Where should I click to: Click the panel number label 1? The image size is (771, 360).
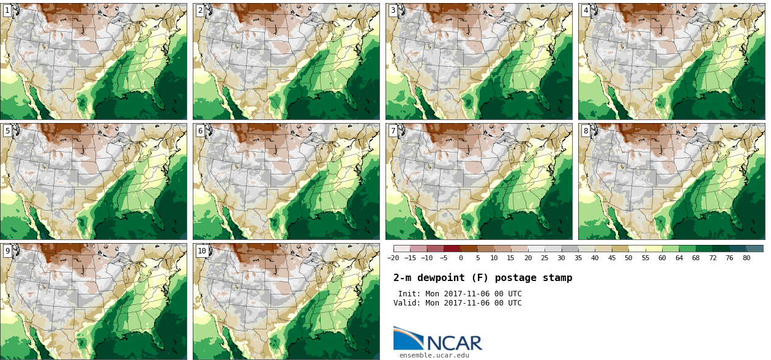(x=7, y=10)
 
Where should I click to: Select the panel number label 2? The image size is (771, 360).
(x=200, y=10)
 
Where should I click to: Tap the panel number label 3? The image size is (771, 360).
(x=393, y=10)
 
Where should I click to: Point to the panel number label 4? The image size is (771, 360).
(x=586, y=10)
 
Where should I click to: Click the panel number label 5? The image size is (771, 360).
(x=7, y=130)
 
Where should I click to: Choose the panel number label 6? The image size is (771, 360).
(x=200, y=130)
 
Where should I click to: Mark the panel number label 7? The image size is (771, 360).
(x=393, y=130)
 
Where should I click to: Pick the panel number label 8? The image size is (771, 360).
(x=586, y=130)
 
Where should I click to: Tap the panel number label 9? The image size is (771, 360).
(x=7, y=250)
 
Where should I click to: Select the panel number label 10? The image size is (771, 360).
(x=202, y=250)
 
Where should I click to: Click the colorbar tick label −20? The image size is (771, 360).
(x=393, y=258)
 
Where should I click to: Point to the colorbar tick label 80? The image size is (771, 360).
(x=747, y=258)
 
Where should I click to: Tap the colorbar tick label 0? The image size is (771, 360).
(x=461, y=258)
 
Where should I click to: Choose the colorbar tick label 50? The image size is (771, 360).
(x=628, y=258)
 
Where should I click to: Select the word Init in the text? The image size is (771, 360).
(x=408, y=294)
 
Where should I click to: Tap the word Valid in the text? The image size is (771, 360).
(x=406, y=303)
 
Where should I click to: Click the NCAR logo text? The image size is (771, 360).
(x=455, y=343)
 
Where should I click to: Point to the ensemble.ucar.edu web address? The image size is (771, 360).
(x=434, y=355)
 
